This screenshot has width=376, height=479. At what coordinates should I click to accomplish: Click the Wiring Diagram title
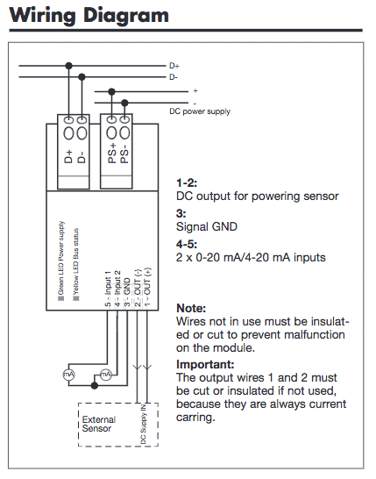(89, 15)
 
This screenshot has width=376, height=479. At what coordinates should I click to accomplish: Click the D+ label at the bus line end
(174, 66)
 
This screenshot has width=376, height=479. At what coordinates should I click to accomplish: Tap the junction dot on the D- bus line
(82, 77)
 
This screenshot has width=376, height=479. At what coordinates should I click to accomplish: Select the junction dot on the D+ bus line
(69, 66)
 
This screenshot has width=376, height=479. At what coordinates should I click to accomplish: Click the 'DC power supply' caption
(200, 111)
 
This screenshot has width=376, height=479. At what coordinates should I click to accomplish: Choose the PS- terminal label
(124, 156)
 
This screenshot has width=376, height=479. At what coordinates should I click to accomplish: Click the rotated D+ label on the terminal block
(68, 156)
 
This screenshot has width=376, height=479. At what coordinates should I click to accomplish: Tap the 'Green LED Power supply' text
(61, 258)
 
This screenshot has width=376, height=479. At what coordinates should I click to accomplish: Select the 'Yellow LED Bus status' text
(75, 261)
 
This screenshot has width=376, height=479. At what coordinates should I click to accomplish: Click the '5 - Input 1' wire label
(108, 289)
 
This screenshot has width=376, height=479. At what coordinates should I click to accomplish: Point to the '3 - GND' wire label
(127, 292)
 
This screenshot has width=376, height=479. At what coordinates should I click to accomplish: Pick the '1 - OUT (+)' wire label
(147, 287)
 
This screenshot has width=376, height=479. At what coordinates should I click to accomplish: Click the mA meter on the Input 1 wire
(68, 375)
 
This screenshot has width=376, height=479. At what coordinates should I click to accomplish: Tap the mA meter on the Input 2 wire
(106, 375)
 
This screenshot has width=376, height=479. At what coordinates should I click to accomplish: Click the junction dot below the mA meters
(95, 385)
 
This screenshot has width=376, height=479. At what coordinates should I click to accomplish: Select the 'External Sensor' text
(99, 424)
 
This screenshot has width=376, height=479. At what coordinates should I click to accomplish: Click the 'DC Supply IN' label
(143, 424)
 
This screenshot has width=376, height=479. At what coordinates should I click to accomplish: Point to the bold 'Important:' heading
(205, 364)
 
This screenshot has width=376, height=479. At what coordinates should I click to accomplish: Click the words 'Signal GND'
(207, 226)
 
